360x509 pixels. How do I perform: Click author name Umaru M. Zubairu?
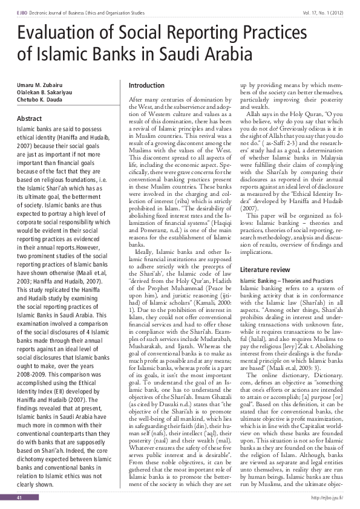click(x=36, y=82)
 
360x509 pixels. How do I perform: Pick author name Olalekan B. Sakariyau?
click(x=41, y=89)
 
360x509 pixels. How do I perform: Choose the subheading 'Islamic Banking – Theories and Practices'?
click(x=286, y=282)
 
